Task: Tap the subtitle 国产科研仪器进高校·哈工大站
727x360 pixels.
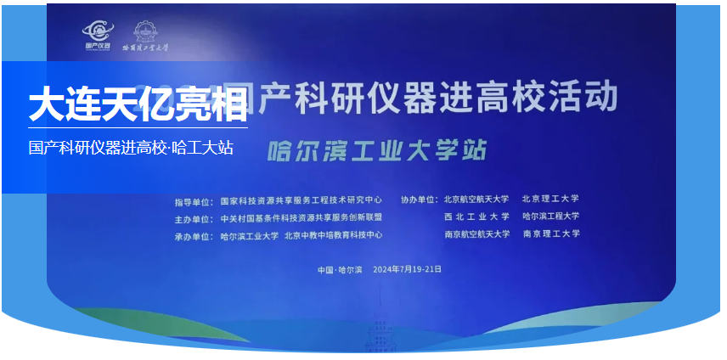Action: point(131,147)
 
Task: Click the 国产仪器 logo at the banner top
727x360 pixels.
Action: point(96,36)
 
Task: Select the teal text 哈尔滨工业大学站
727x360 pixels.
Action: point(377,150)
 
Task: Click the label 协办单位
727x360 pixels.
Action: point(420,200)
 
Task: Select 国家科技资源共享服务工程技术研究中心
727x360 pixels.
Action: point(301,200)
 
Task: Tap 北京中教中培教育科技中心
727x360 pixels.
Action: point(334,235)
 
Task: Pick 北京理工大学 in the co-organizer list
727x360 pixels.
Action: point(550,200)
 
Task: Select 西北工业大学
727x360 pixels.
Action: point(476,217)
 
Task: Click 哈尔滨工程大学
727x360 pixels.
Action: point(550,217)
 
